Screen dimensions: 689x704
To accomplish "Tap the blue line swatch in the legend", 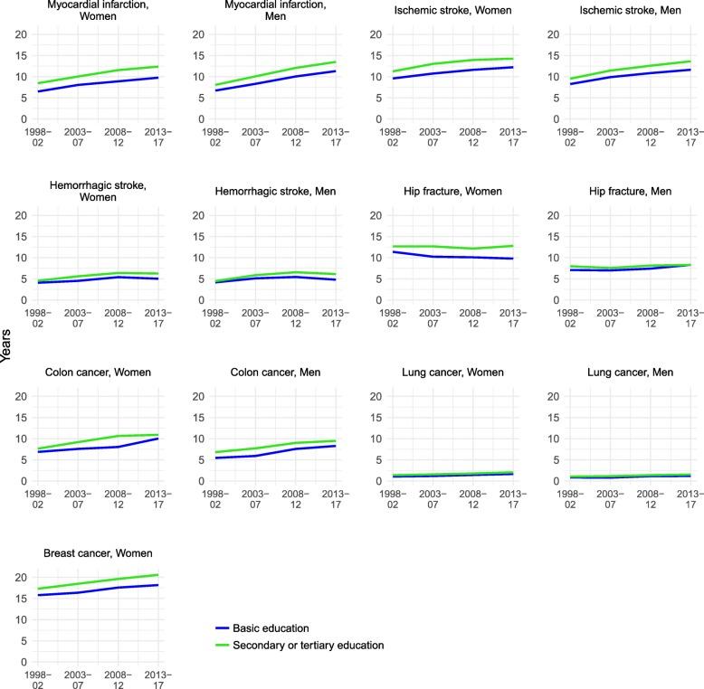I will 219,628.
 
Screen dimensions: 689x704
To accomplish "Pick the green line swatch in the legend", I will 219,645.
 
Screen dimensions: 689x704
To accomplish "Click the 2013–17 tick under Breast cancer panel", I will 158,681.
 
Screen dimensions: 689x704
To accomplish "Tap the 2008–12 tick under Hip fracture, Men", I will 650,319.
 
